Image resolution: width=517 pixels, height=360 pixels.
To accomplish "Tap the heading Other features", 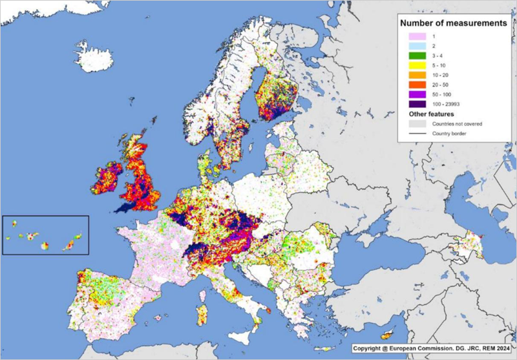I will [x=427, y=114].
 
